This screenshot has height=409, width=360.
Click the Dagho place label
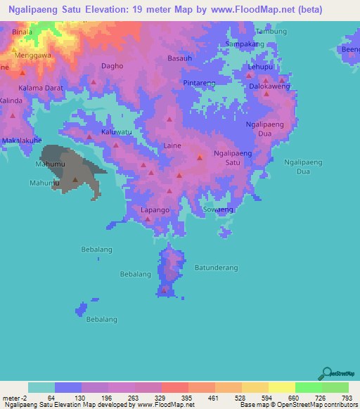[x=112, y=66]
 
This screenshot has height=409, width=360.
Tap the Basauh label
[x=179, y=58]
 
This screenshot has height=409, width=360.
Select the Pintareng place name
[x=198, y=83]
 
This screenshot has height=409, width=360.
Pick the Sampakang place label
[x=244, y=44]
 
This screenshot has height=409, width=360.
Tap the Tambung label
[x=271, y=32]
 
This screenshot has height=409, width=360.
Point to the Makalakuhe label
[x=22, y=141]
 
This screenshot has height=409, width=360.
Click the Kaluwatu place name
[x=117, y=132]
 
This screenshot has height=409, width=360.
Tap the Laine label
[x=172, y=145]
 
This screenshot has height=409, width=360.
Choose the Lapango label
[x=155, y=210]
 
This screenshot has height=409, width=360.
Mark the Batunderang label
[x=217, y=268]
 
